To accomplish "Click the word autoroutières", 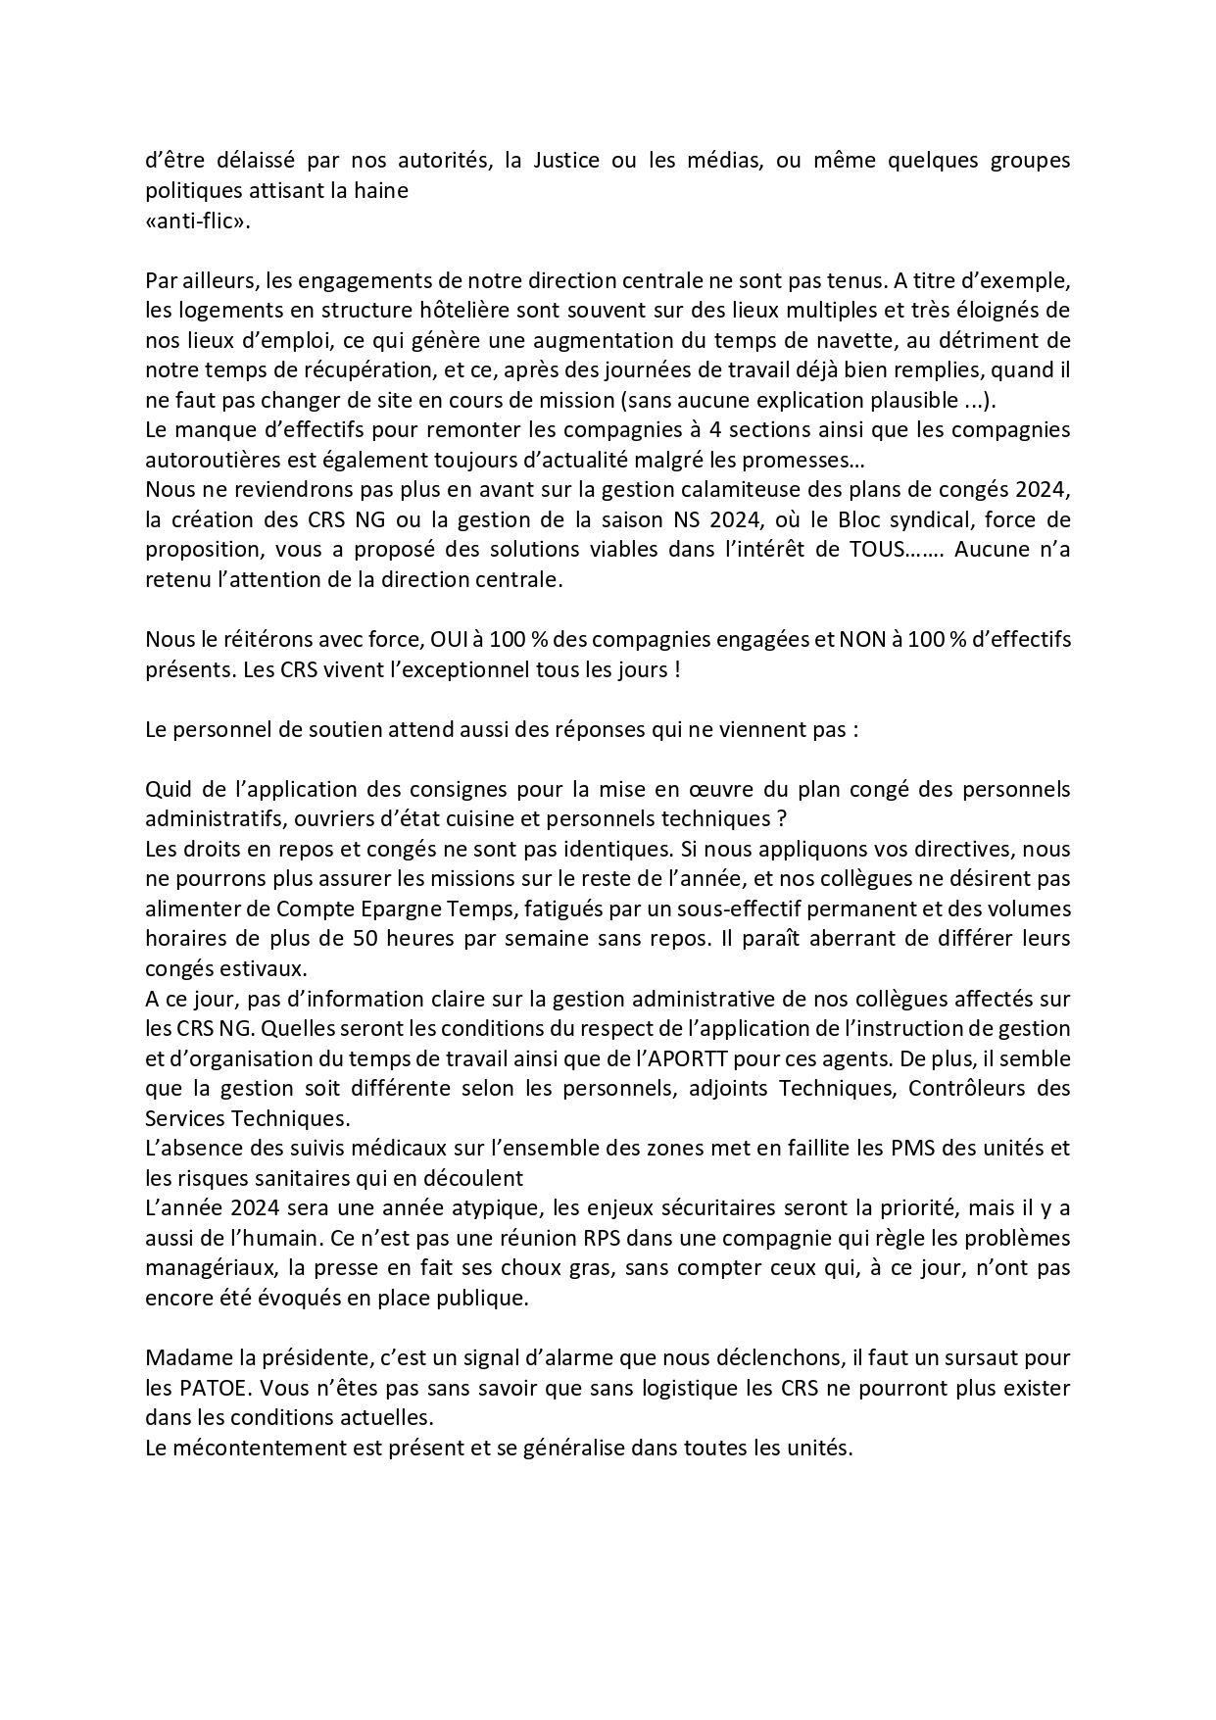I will click(209, 459).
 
